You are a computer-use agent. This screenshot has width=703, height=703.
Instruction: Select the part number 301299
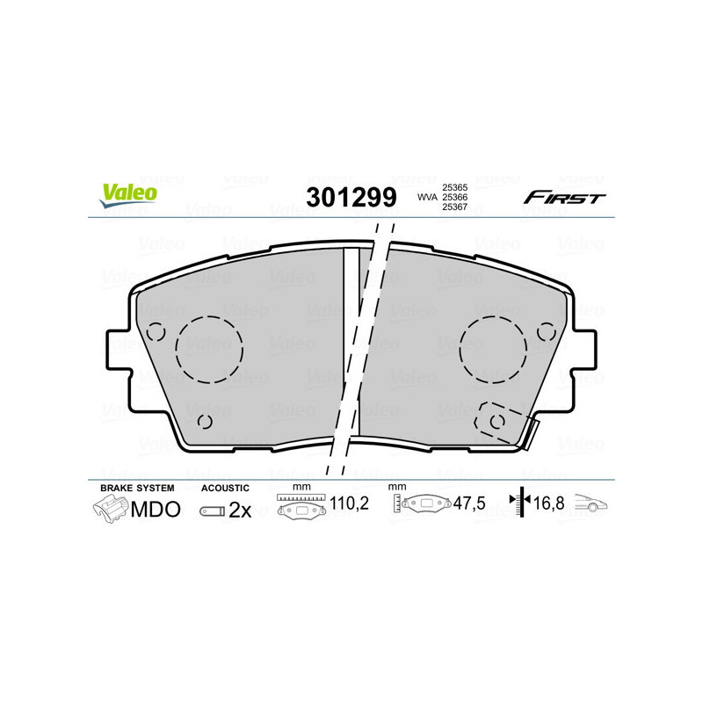click(351, 197)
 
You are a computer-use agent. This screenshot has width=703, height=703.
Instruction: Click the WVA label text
click(426, 198)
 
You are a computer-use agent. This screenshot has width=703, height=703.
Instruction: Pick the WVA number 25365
click(454, 187)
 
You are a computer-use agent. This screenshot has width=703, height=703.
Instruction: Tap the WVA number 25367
click(454, 208)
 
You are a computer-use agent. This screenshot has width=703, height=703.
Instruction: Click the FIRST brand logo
click(564, 198)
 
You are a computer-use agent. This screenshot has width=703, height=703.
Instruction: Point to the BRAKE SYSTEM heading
click(137, 488)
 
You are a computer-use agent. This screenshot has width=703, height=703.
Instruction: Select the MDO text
click(156, 510)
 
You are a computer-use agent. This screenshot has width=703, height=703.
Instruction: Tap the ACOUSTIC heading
click(226, 488)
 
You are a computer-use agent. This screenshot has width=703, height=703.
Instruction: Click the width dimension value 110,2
click(347, 504)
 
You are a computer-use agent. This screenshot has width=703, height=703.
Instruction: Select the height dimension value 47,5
click(469, 504)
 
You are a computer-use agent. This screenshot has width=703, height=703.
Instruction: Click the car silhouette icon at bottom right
click(592, 504)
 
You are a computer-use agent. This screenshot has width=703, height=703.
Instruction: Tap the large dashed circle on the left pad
click(209, 349)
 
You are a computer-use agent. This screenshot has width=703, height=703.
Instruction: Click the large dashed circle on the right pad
click(494, 349)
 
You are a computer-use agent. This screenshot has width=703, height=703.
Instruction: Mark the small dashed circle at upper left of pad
click(156, 333)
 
